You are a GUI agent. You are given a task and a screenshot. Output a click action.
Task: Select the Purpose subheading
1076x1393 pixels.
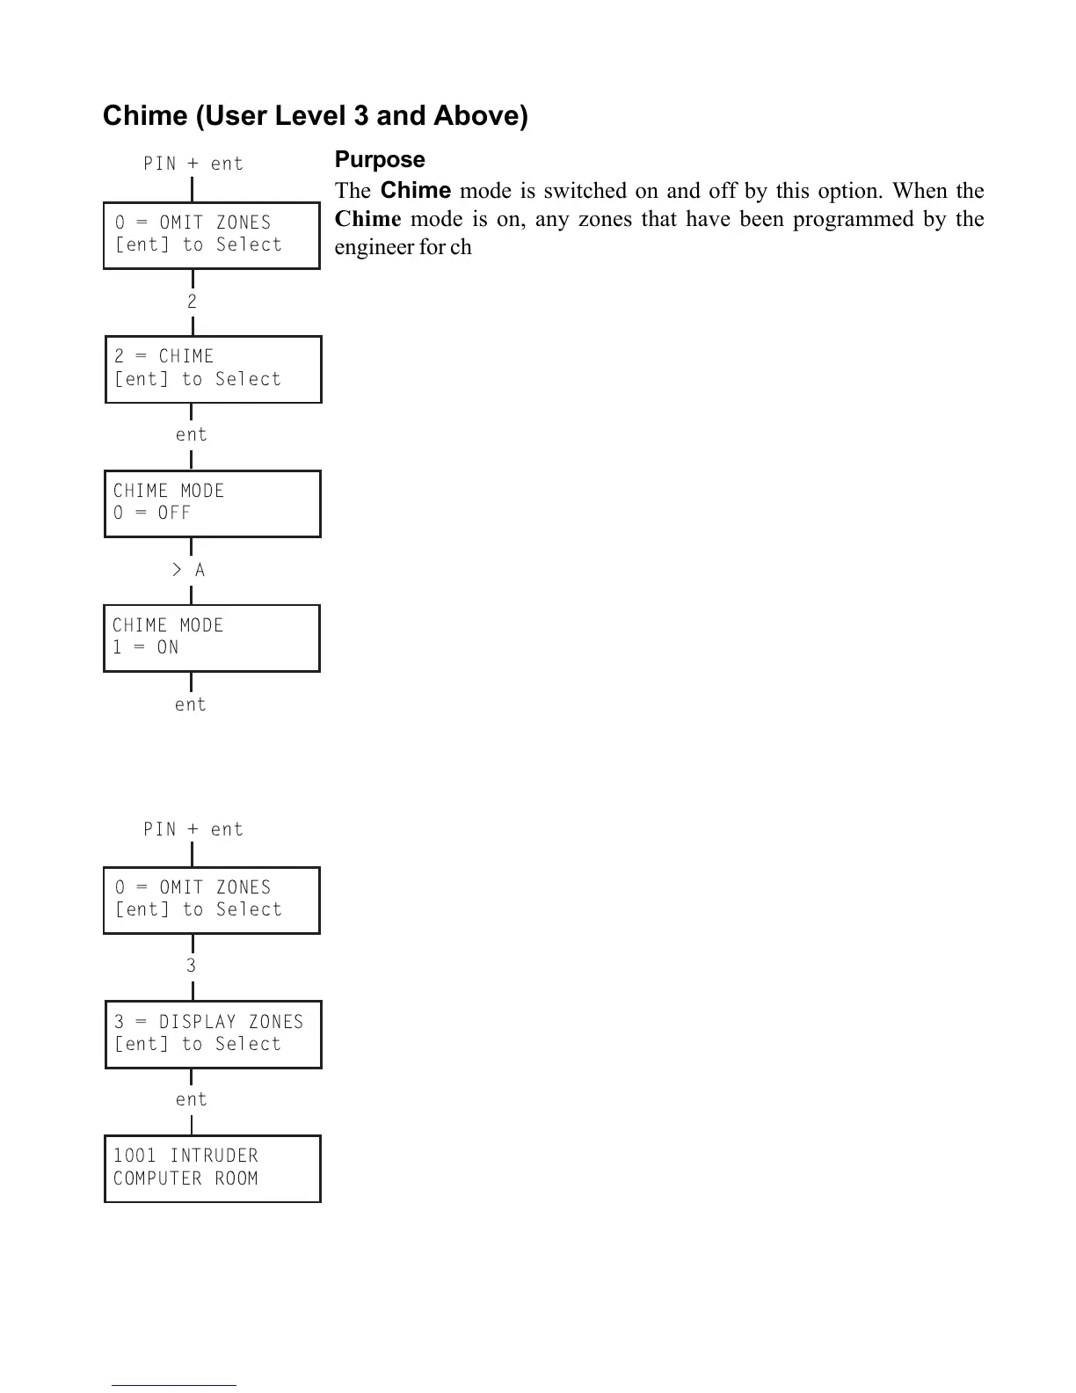(380, 160)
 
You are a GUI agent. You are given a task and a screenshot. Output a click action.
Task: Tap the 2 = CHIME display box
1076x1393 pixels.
(213, 369)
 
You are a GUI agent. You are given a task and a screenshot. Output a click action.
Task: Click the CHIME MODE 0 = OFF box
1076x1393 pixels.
(212, 504)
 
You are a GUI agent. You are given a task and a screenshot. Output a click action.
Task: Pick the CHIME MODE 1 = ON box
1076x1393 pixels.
(211, 638)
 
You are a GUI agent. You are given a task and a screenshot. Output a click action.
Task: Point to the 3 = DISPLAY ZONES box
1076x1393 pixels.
(213, 1034)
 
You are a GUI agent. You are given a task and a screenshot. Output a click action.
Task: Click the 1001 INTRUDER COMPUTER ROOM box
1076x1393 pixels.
(212, 1169)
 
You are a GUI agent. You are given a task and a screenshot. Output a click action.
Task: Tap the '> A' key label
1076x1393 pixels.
(188, 571)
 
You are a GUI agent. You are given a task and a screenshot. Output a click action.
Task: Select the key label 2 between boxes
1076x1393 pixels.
(192, 302)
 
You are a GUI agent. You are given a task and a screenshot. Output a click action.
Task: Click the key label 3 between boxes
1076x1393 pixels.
(191, 966)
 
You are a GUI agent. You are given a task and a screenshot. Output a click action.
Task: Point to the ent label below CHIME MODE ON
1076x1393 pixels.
(190, 704)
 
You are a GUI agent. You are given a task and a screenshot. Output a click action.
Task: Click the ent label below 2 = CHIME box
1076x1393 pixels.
(191, 434)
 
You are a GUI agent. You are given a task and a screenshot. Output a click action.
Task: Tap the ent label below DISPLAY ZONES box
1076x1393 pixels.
(191, 1099)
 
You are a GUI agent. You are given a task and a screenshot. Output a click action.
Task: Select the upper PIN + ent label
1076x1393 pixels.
(193, 164)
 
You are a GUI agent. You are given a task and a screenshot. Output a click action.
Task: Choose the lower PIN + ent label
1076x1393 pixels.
(193, 829)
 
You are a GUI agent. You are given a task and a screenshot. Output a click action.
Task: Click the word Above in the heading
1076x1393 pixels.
(480, 116)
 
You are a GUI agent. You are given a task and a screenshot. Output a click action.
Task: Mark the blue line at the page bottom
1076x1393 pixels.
(174, 1385)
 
